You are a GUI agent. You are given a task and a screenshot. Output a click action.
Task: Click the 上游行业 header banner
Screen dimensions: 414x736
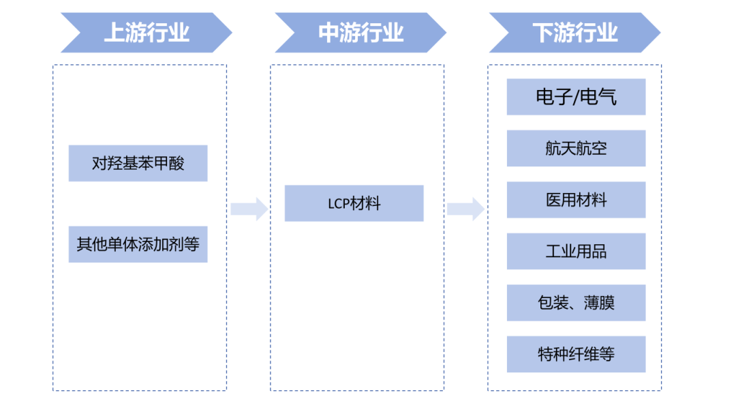(147, 32)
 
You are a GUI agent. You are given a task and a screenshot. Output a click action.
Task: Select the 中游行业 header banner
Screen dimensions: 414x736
(361, 32)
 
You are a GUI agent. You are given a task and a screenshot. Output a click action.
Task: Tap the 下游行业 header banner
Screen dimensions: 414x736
(574, 32)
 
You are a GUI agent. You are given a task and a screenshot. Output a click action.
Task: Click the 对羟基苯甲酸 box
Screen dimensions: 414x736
(138, 163)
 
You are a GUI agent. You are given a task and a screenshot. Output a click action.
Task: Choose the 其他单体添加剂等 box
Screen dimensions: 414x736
(138, 244)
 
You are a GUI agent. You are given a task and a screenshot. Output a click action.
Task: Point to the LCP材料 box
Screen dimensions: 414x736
(354, 203)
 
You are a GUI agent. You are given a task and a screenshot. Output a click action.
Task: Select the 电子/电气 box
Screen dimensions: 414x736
(576, 97)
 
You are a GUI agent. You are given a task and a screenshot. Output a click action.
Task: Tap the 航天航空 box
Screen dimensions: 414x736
(576, 148)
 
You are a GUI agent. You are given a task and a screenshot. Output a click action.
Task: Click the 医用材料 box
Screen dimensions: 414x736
(576, 200)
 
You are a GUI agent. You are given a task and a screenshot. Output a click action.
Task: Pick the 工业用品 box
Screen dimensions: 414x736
(576, 251)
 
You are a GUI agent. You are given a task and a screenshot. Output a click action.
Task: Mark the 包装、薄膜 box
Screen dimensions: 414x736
(576, 303)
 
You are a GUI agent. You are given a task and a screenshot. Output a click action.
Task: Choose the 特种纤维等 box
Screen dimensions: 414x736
(576, 354)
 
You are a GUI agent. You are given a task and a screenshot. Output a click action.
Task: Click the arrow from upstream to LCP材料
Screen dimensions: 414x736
(249, 209)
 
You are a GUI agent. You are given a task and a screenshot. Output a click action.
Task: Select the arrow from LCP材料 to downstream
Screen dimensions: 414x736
(465, 209)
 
